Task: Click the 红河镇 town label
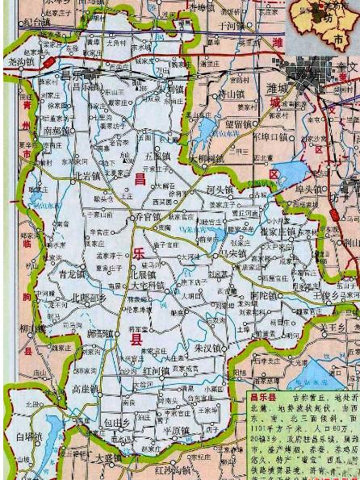click(x=156, y=370)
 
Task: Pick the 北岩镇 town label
click(x=86, y=175)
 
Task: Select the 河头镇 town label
click(x=220, y=190)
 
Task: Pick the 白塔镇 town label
click(x=27, y=436)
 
